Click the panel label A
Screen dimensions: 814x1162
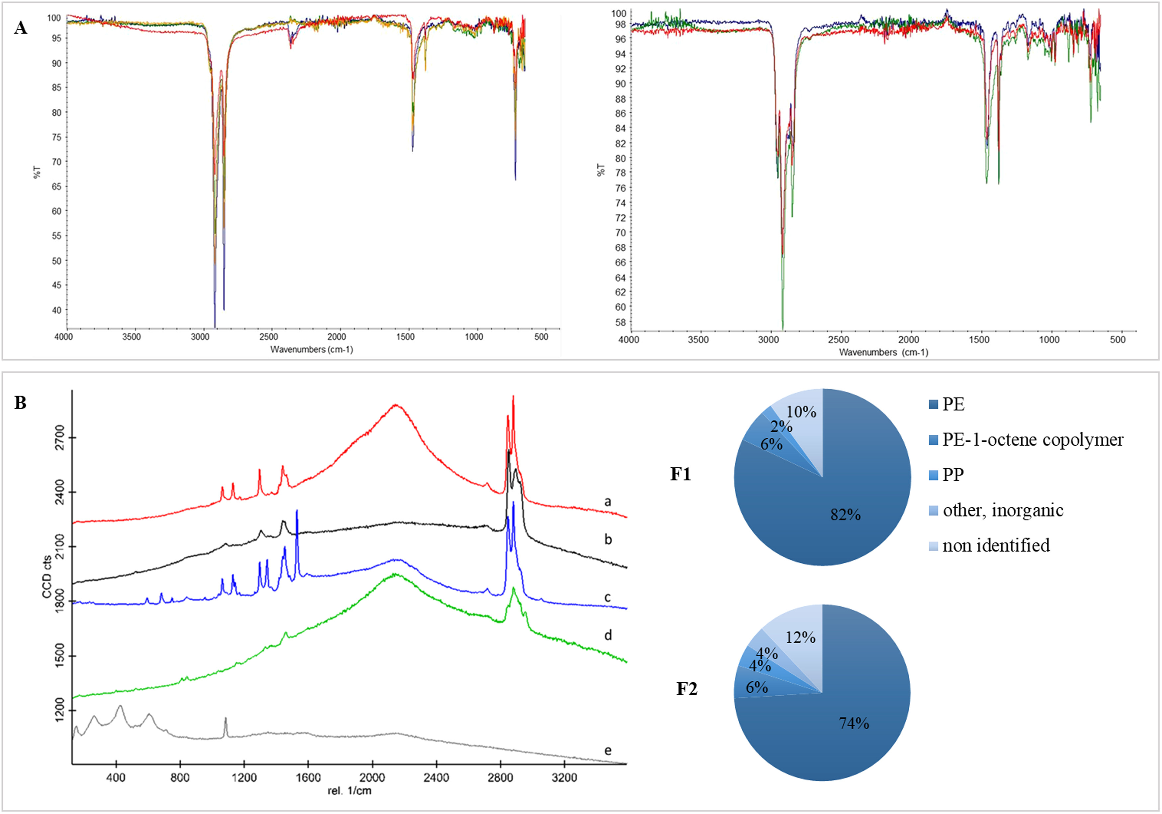(20, 28)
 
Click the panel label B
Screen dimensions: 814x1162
(20, 403)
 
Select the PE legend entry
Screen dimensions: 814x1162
(953, 404)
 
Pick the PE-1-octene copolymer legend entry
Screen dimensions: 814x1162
(1033, 440)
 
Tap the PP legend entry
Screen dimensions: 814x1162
(953, 475)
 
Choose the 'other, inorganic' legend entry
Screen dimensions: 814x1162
(1003, 510)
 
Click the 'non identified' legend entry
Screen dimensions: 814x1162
(995, 545)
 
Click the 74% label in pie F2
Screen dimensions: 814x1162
(854, 723)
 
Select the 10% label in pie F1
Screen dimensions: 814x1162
(801, 412)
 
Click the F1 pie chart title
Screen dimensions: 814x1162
(681, 474)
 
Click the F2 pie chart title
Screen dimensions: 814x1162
(687, 689)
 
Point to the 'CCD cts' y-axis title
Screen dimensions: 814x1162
(47, 577)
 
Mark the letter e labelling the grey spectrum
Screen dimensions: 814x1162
(608, 750)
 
